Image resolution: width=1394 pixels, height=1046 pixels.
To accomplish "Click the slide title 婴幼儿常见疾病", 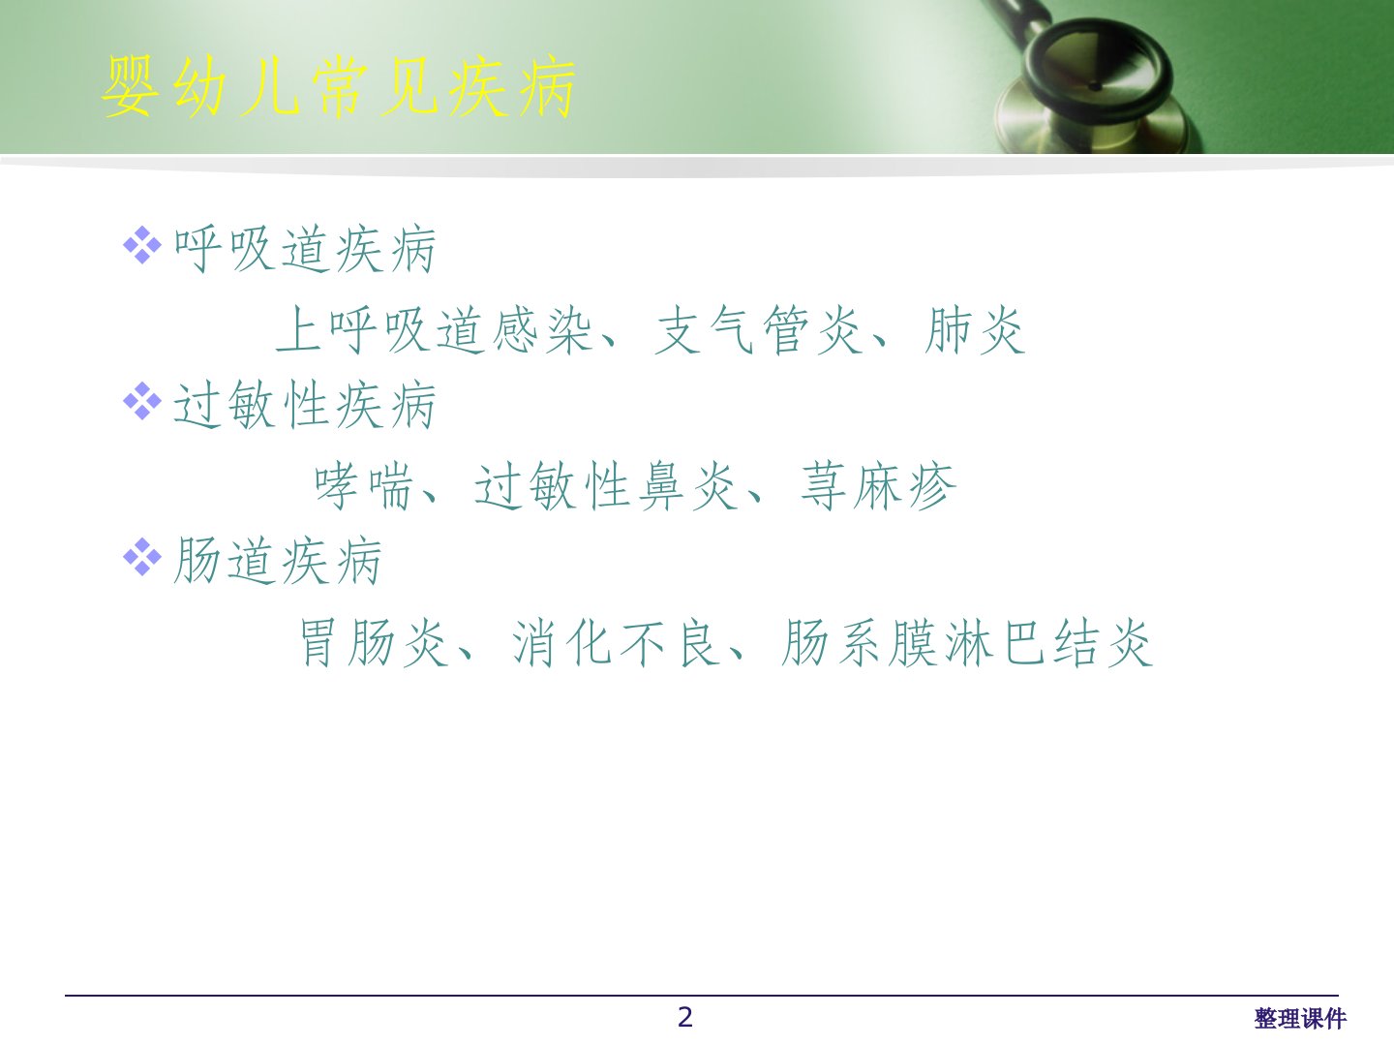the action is (x=339, y=87).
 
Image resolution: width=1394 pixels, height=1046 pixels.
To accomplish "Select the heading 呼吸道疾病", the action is (x=305, y=250).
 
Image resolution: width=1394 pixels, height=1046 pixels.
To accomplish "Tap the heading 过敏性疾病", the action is (x=305, y=405).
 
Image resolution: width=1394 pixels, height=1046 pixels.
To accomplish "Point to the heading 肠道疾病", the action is (x=278, y=561).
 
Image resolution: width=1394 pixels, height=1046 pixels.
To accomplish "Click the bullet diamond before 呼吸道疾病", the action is (x=142, y=245).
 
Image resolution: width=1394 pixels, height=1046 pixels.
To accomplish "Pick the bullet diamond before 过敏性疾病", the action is (x=142, y=401).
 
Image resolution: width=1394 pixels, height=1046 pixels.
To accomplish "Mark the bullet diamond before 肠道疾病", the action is (x=142, y=557).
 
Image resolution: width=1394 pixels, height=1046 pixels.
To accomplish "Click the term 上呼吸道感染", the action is (x=435, y=330).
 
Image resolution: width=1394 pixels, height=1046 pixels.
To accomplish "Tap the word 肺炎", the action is (x=975, y=330).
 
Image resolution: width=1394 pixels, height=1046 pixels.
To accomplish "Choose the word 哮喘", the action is (x=365, y=486).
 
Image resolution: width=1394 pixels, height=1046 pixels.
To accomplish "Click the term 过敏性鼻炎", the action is (x=606, y=486).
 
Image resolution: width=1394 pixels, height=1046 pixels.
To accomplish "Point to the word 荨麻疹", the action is (x=878, y=486).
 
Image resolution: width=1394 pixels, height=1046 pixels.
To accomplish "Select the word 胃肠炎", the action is (x=375, y=643).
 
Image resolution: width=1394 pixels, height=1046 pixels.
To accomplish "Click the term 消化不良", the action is (x=617, y=643).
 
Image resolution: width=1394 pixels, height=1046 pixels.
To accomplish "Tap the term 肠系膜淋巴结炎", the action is (x=967, y=643).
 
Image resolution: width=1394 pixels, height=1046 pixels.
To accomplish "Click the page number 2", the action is (x=685, y=1017).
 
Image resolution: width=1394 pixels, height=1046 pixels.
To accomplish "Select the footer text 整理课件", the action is (x=1300, y=1019).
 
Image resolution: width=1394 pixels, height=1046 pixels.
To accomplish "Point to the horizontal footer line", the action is (x=702, y=996).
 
